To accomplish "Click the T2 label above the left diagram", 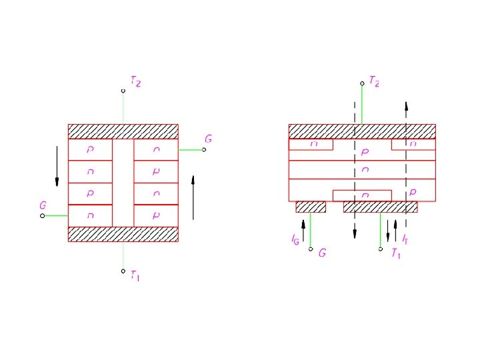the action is point(135,82).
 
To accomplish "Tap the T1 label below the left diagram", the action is point(135,275).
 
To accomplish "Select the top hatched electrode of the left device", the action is point(123,131).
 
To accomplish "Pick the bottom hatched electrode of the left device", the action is point(123,234).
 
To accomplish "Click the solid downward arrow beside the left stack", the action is point(57,165).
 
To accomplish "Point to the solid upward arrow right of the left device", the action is point(193,197).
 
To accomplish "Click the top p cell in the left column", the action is point(90,150).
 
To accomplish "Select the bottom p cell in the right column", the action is point(156,215).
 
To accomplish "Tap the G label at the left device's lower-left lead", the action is point(43,206).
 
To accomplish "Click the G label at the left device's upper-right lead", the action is point(209,139).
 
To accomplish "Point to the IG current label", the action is point(295,238).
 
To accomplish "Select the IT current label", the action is point(405,238).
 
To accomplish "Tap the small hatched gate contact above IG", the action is point(311,207).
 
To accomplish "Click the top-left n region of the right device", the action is point(311,144).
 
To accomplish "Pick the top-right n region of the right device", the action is point(413,144).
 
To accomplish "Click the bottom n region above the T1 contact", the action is point(362,195).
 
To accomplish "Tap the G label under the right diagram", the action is point(322,253).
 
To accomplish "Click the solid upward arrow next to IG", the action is point(303,231).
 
